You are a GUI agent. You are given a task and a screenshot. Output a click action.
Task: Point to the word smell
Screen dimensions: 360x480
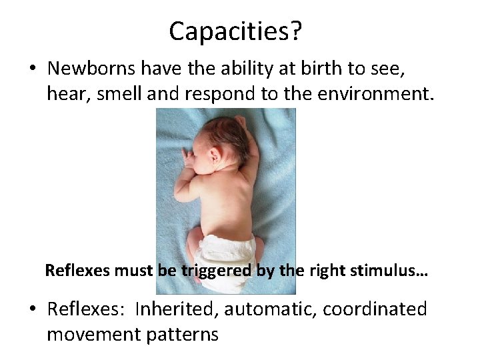119,95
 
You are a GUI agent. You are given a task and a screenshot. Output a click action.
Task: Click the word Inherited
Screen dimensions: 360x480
177,309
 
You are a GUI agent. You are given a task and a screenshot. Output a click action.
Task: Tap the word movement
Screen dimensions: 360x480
94,334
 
